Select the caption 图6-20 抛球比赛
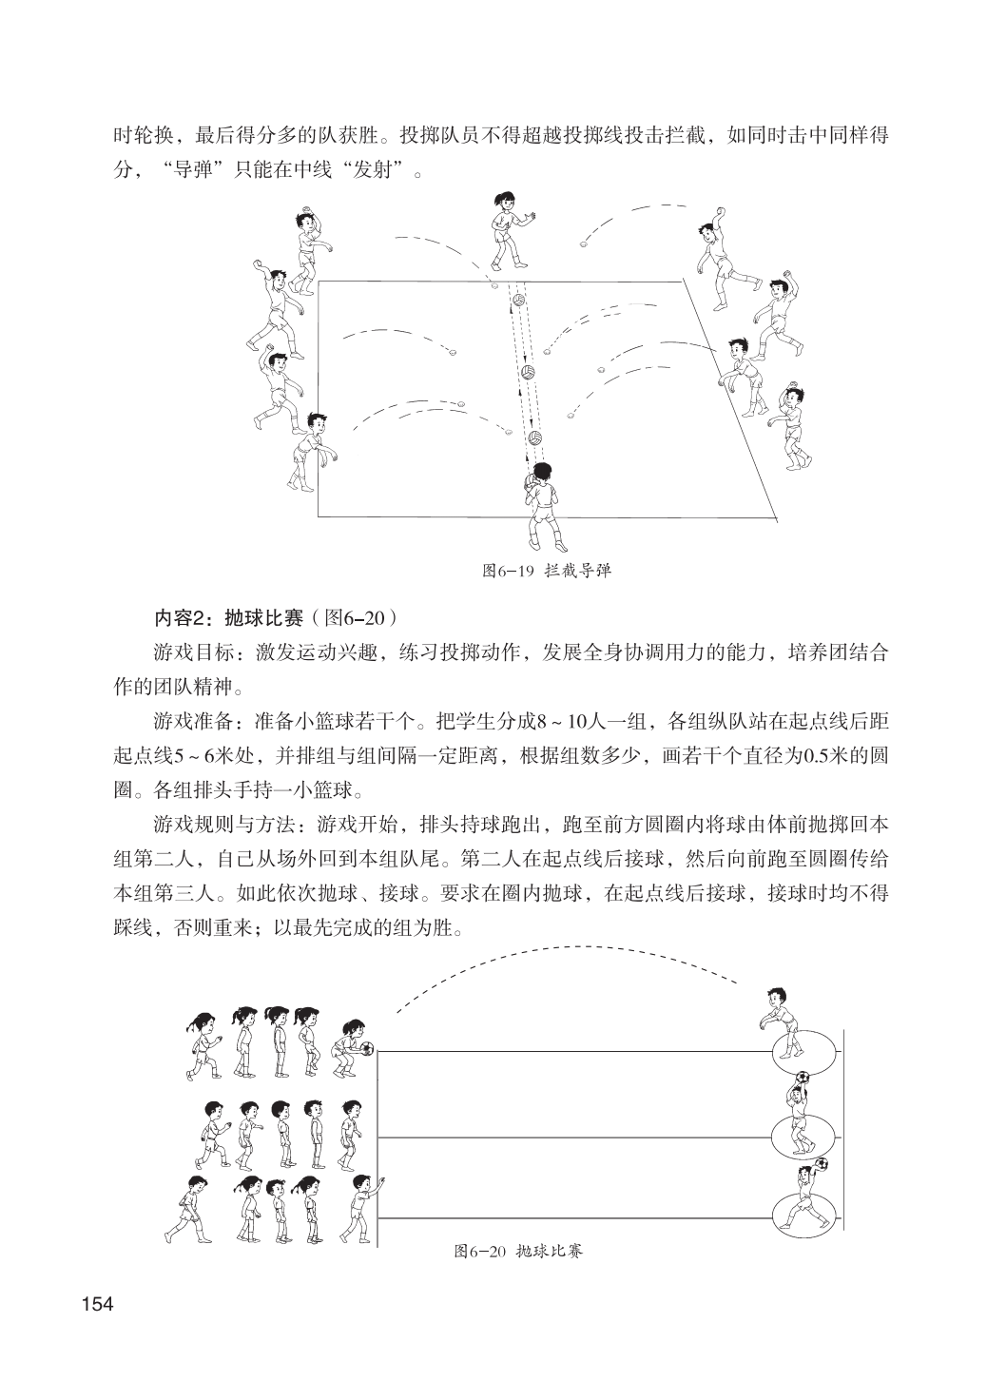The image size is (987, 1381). pos(518,1251)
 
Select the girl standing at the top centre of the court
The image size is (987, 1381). pos(508,229)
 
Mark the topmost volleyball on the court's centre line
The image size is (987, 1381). pos(518,301)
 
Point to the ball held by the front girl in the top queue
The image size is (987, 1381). pos(366,1049)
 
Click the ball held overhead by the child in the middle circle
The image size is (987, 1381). pos(802,1078)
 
